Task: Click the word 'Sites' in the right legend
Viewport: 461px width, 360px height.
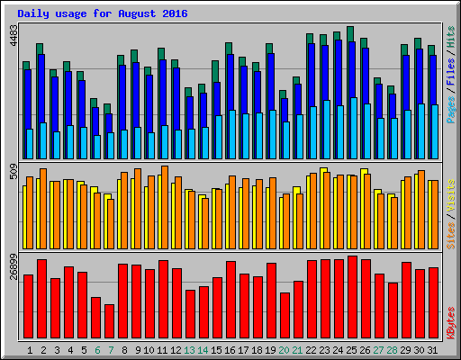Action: click(449, 233)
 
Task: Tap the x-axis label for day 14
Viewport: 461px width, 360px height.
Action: click(203, 349)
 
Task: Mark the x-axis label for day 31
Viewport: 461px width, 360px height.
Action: click(433, 349)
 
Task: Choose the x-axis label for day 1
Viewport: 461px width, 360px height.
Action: click(30, 349)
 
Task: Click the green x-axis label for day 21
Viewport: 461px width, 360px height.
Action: click(298, 349)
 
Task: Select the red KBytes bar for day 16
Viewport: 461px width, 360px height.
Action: click(230, 301)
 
